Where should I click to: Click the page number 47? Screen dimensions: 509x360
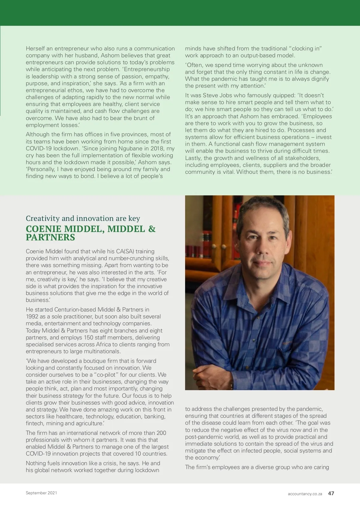pos(331,493)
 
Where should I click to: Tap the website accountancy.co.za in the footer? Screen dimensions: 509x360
pos(305,494)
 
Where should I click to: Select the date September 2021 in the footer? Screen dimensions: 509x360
pos(41,493)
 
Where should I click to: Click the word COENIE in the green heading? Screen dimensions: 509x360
pos(44,229)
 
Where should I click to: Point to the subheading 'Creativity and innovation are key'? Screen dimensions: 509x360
pos(83,218)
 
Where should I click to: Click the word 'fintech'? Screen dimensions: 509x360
pos(34,423)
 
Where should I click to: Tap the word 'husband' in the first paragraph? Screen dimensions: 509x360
pos(87,56)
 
